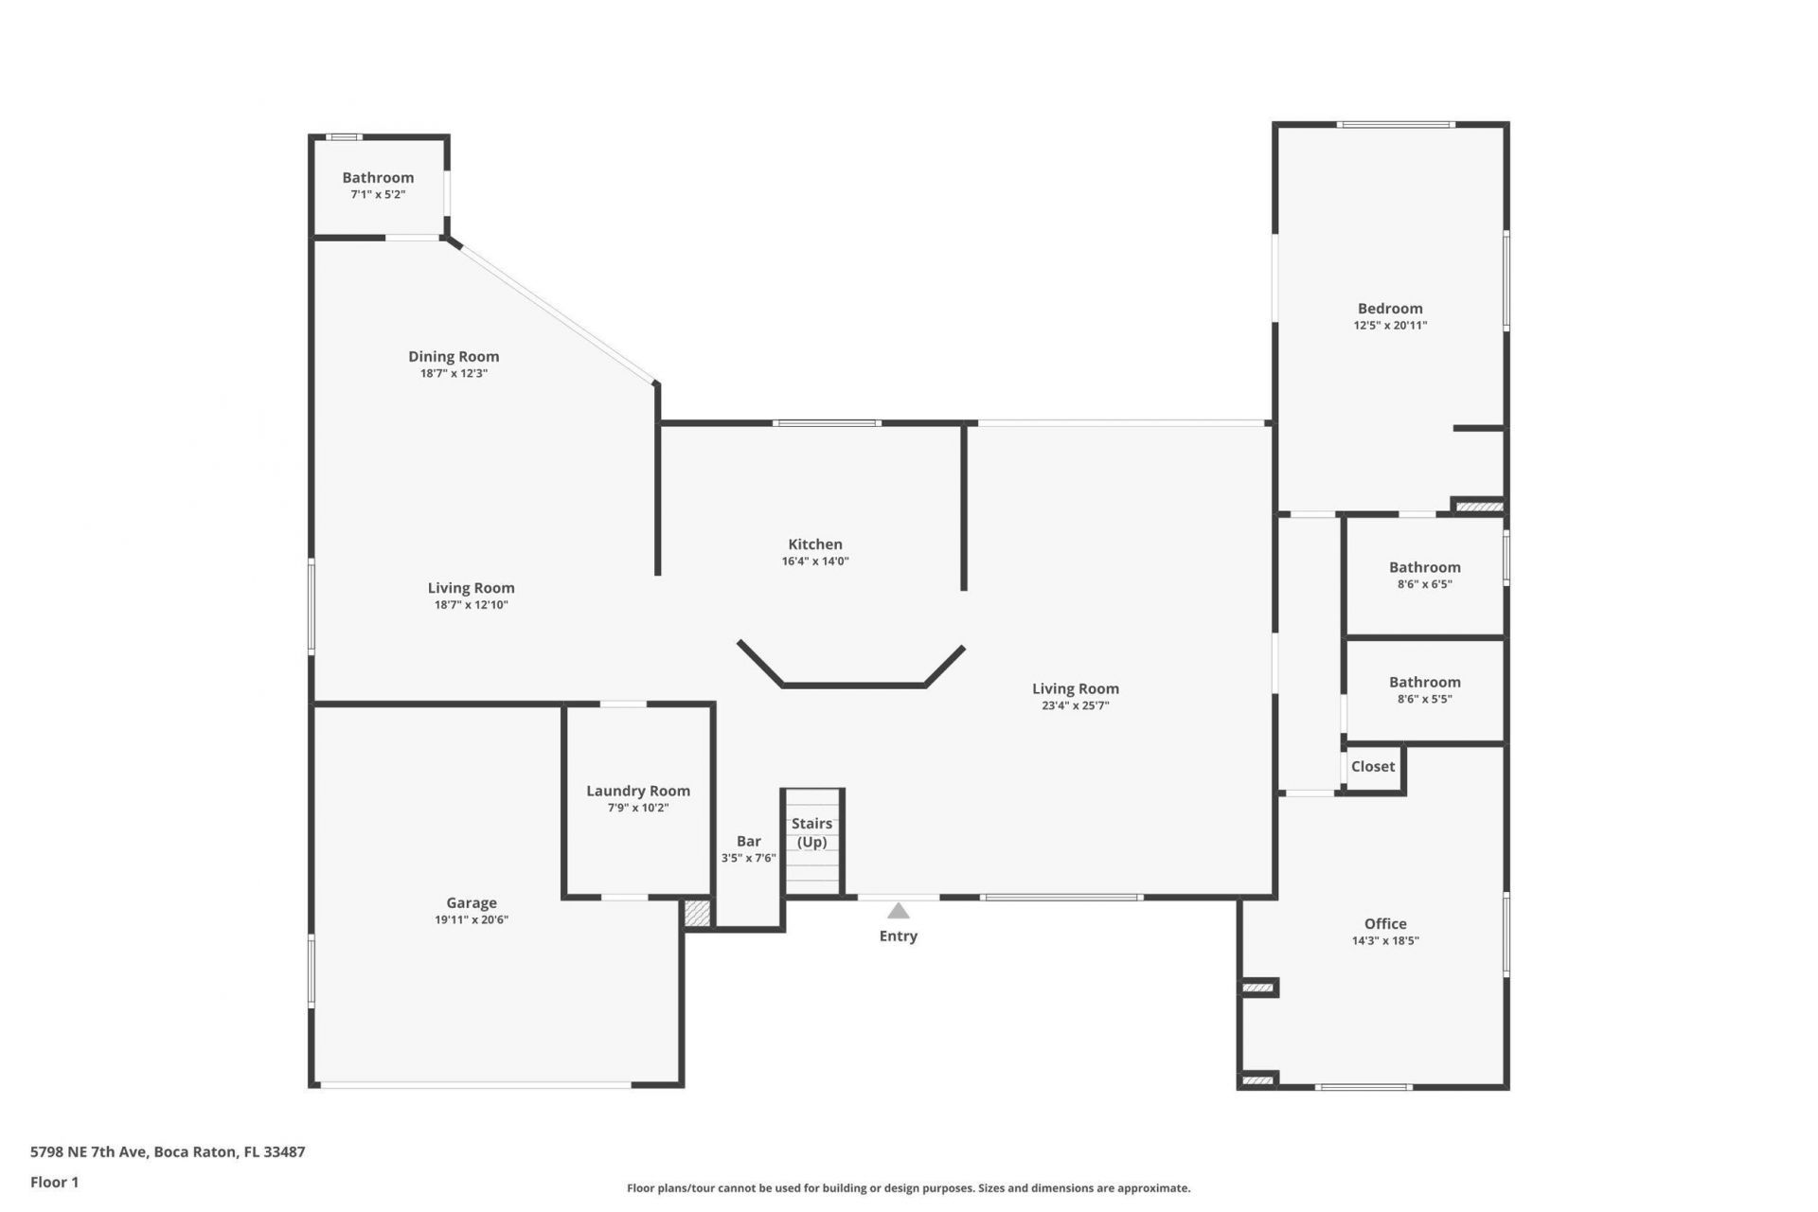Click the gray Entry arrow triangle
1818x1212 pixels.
coord(898,911)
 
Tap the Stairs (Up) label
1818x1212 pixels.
coord(811,832)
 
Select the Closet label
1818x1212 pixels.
coord(1372,766)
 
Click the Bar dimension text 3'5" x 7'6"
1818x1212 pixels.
coord(748,858)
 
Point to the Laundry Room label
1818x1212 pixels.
coord(637,791)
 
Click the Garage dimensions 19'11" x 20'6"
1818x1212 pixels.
coord(472,919)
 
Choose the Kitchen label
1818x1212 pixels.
coord(814,544)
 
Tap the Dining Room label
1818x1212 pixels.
coord(454,356)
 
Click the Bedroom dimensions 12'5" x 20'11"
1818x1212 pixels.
coord(1389,325)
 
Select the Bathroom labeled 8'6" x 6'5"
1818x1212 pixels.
coord(1424,567)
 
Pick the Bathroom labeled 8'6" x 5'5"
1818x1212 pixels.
coord(1424,682)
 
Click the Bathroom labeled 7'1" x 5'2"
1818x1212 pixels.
coord(378,177)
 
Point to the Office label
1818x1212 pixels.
coord(1384,923)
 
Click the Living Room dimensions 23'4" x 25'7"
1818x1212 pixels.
coord(1075,705)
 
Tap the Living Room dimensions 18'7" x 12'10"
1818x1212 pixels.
coord(471,605)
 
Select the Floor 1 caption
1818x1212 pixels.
coord(54,1182)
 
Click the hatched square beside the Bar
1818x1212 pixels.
coord(697,913)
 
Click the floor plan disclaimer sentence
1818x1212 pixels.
coord(908,1187)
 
